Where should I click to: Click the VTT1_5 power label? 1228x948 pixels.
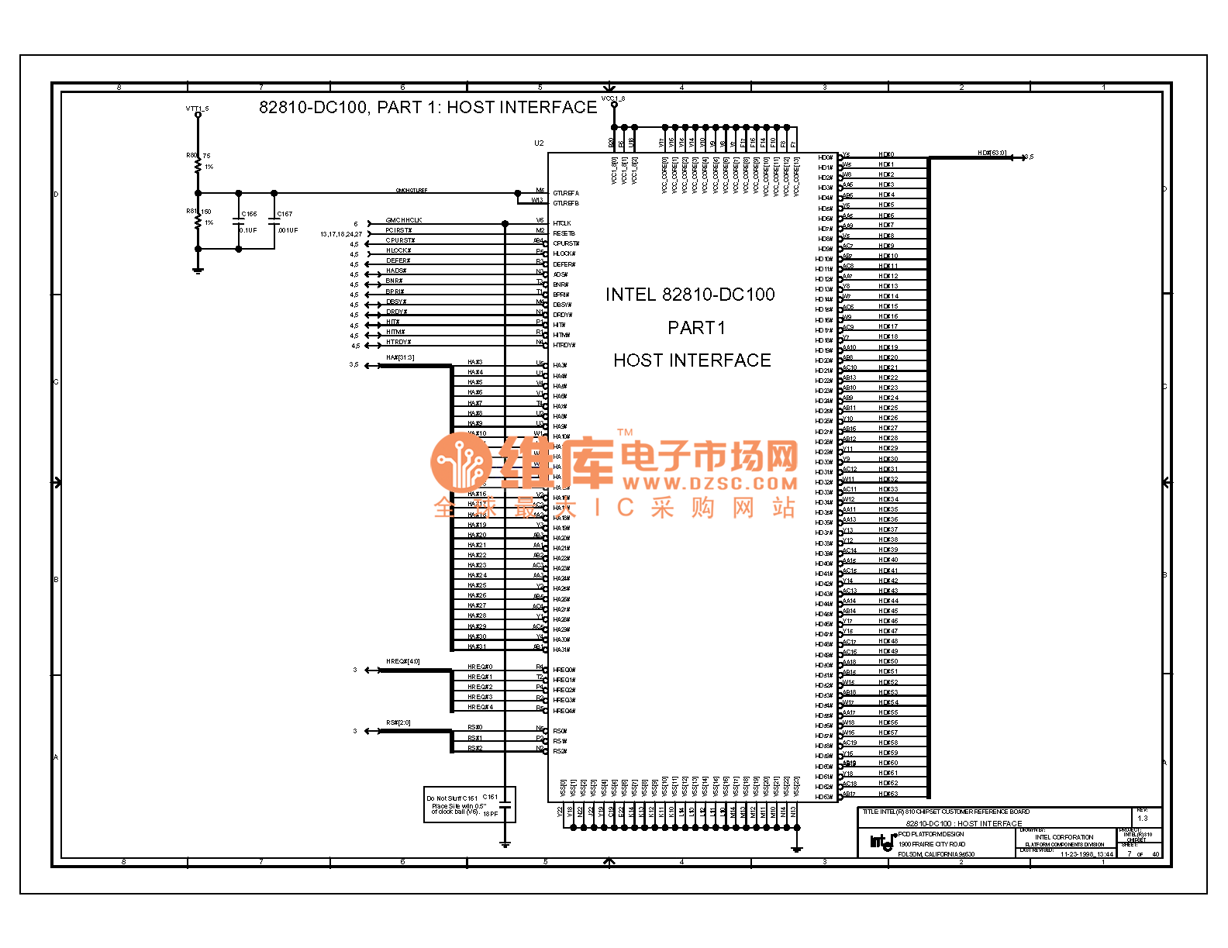197,109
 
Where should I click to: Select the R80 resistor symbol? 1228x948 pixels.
198,164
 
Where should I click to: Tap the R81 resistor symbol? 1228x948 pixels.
198,220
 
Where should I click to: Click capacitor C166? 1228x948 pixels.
239,221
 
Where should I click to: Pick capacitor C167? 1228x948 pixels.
274,221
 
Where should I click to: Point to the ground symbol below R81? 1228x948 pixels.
198,269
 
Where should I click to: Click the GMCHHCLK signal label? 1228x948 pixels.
404,220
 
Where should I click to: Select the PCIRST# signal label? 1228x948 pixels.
398,230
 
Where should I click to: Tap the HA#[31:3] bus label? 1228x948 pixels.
400,357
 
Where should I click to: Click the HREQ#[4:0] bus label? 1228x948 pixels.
403,661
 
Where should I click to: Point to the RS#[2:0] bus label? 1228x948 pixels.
398,722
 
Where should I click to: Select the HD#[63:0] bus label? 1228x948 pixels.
992,153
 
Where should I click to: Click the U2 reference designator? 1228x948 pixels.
539,143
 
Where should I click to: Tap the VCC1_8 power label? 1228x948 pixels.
613,99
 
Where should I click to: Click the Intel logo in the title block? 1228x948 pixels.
881,842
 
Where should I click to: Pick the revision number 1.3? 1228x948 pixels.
1142,818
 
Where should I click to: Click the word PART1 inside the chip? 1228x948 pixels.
696,328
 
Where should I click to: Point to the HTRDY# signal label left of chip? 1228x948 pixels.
398,342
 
